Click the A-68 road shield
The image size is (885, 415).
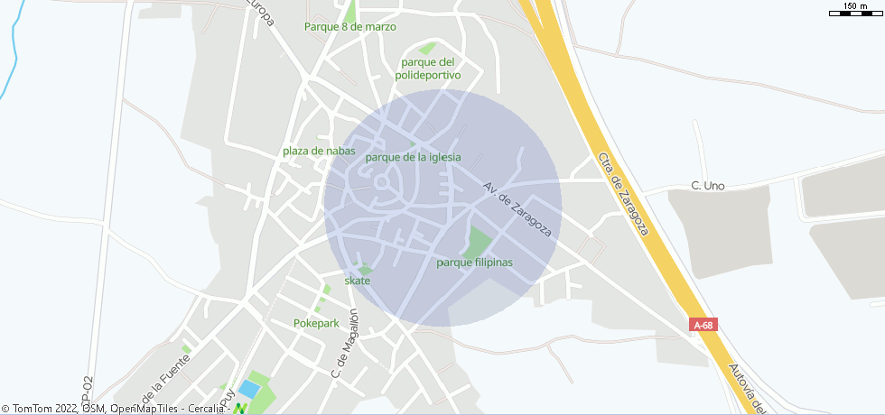(x=703, y=324)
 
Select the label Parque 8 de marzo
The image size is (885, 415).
(x=350, y=27)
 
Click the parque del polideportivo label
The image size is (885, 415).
(x=428, y=69)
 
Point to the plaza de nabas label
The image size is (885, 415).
(x=319, y=151)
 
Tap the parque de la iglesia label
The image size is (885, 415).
(x=413, y=157)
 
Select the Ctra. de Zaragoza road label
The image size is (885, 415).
(x=623, y=193)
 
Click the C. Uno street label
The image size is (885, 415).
(x=708, y=186)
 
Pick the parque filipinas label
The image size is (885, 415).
(x=474, y=263)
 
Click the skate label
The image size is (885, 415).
(x=358, y=281)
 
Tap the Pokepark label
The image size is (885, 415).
(x=314, y=322)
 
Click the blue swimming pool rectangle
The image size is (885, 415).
(x=247, y=390)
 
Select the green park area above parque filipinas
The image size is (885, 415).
(x=478, y=241)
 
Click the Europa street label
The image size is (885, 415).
(x=263, y=14)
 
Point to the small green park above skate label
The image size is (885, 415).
(x=365, y=269)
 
